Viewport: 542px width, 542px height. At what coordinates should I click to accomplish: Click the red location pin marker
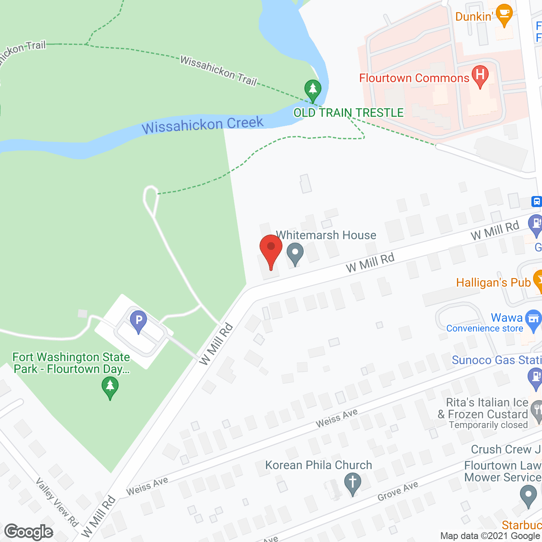(271, 250)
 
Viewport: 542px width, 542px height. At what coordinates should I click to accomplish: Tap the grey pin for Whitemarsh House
(295, 254)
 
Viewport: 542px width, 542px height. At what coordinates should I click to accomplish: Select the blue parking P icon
(138, 321)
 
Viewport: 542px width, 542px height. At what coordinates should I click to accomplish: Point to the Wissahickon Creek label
(202, 125)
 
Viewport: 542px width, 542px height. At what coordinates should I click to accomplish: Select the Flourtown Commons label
(414, 78)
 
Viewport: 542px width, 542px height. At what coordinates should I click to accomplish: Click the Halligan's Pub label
(493, 282)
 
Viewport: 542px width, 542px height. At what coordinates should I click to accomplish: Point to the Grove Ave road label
(398, 491)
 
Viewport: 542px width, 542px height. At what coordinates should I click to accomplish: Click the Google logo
(29, 532)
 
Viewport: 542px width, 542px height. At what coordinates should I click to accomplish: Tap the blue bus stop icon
(536, 202)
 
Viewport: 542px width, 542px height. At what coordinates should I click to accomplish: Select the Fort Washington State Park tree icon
(110, 387)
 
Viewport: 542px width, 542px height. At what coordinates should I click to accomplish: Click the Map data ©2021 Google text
(490, 536)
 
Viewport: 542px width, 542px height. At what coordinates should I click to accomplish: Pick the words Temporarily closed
(488, 425)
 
